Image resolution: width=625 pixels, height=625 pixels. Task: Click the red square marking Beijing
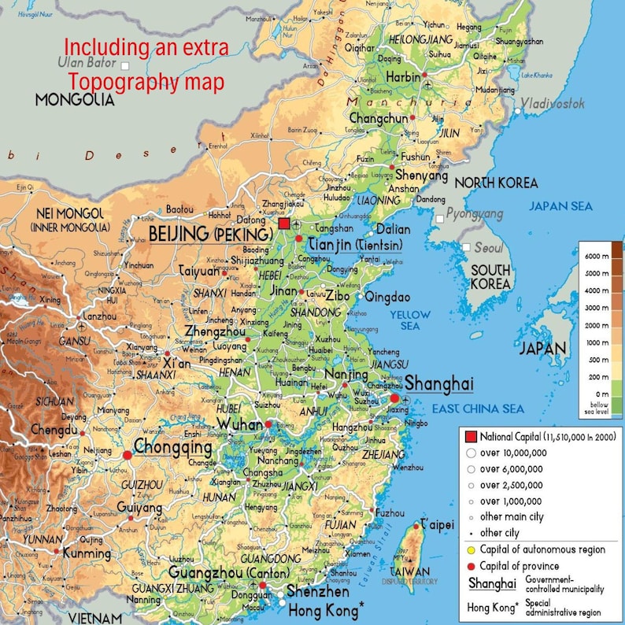pos(283,224)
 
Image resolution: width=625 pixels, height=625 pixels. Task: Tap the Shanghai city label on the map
pos(439,384)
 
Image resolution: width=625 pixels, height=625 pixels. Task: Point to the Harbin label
pos(403,77)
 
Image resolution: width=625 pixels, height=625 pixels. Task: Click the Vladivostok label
pos(553,103)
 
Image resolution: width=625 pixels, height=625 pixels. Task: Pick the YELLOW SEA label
pos(410,320)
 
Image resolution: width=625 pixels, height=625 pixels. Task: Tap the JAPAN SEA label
pos(560,206)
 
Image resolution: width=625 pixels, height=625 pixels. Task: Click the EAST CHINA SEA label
pos(478,409)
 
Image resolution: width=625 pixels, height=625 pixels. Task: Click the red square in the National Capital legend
pos(471,437)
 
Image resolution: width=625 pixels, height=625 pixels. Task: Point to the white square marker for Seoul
pos(467,247)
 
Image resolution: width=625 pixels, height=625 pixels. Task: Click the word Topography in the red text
pos(123,81)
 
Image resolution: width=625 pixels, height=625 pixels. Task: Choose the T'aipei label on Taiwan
pos(437,523)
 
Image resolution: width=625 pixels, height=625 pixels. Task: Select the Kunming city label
pos(87,553)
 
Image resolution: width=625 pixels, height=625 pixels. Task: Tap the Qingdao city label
pos(387,297)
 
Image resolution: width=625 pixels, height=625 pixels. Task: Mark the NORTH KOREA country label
pos(496,183)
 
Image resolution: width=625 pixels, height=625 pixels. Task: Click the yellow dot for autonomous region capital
pos(471,549)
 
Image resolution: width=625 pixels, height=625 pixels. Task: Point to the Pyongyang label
pos(475,213)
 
